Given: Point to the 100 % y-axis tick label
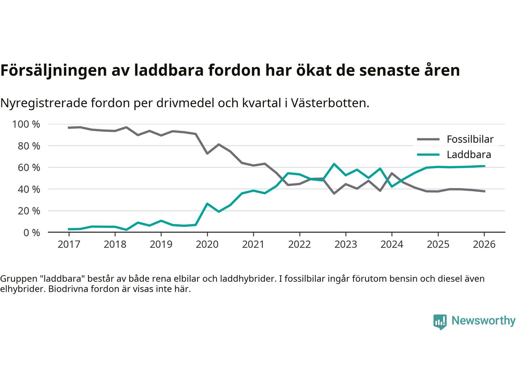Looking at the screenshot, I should click(x=26, y=124).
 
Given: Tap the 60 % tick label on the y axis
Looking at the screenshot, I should click(x=29, y=167).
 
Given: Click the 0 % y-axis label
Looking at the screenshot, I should click(x=31, y=232).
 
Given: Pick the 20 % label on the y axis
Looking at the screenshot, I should click(x=29, y=211).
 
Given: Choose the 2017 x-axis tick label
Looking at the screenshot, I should click(x=69, y=245).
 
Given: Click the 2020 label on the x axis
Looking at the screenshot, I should click(x=207, y=245).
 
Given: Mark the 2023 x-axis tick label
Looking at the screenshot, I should click(x=346, y=245).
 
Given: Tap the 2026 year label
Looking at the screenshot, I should click(x=484, y=245).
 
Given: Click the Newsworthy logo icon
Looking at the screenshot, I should click(x=440, y=322).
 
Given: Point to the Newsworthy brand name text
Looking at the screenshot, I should click(x=483, y=321).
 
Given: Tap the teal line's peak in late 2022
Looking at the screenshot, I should click(x=334, y=164).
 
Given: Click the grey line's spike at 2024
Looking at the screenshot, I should click(x=392, y=173).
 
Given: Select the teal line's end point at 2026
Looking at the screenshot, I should click(x=484, y=166).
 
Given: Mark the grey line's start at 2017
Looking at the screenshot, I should click(x=69, y=128).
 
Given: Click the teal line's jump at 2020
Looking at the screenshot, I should click(x=207, y=204).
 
